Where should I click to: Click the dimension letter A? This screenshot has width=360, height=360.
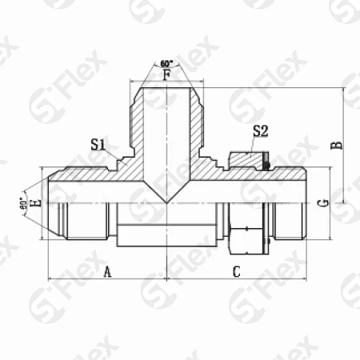tap(108, 273)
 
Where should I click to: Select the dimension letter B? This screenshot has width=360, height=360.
tap(338, 145)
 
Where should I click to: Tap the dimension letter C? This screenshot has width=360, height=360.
tap(237, 273)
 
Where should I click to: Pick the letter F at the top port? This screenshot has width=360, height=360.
tap(166, 77)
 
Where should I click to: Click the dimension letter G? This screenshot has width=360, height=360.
tap(322, 202)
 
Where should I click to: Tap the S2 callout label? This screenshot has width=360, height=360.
tap(261, 131)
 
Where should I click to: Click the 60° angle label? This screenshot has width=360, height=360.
tap(166, 62)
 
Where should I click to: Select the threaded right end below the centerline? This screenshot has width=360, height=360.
tap(284, 220)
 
